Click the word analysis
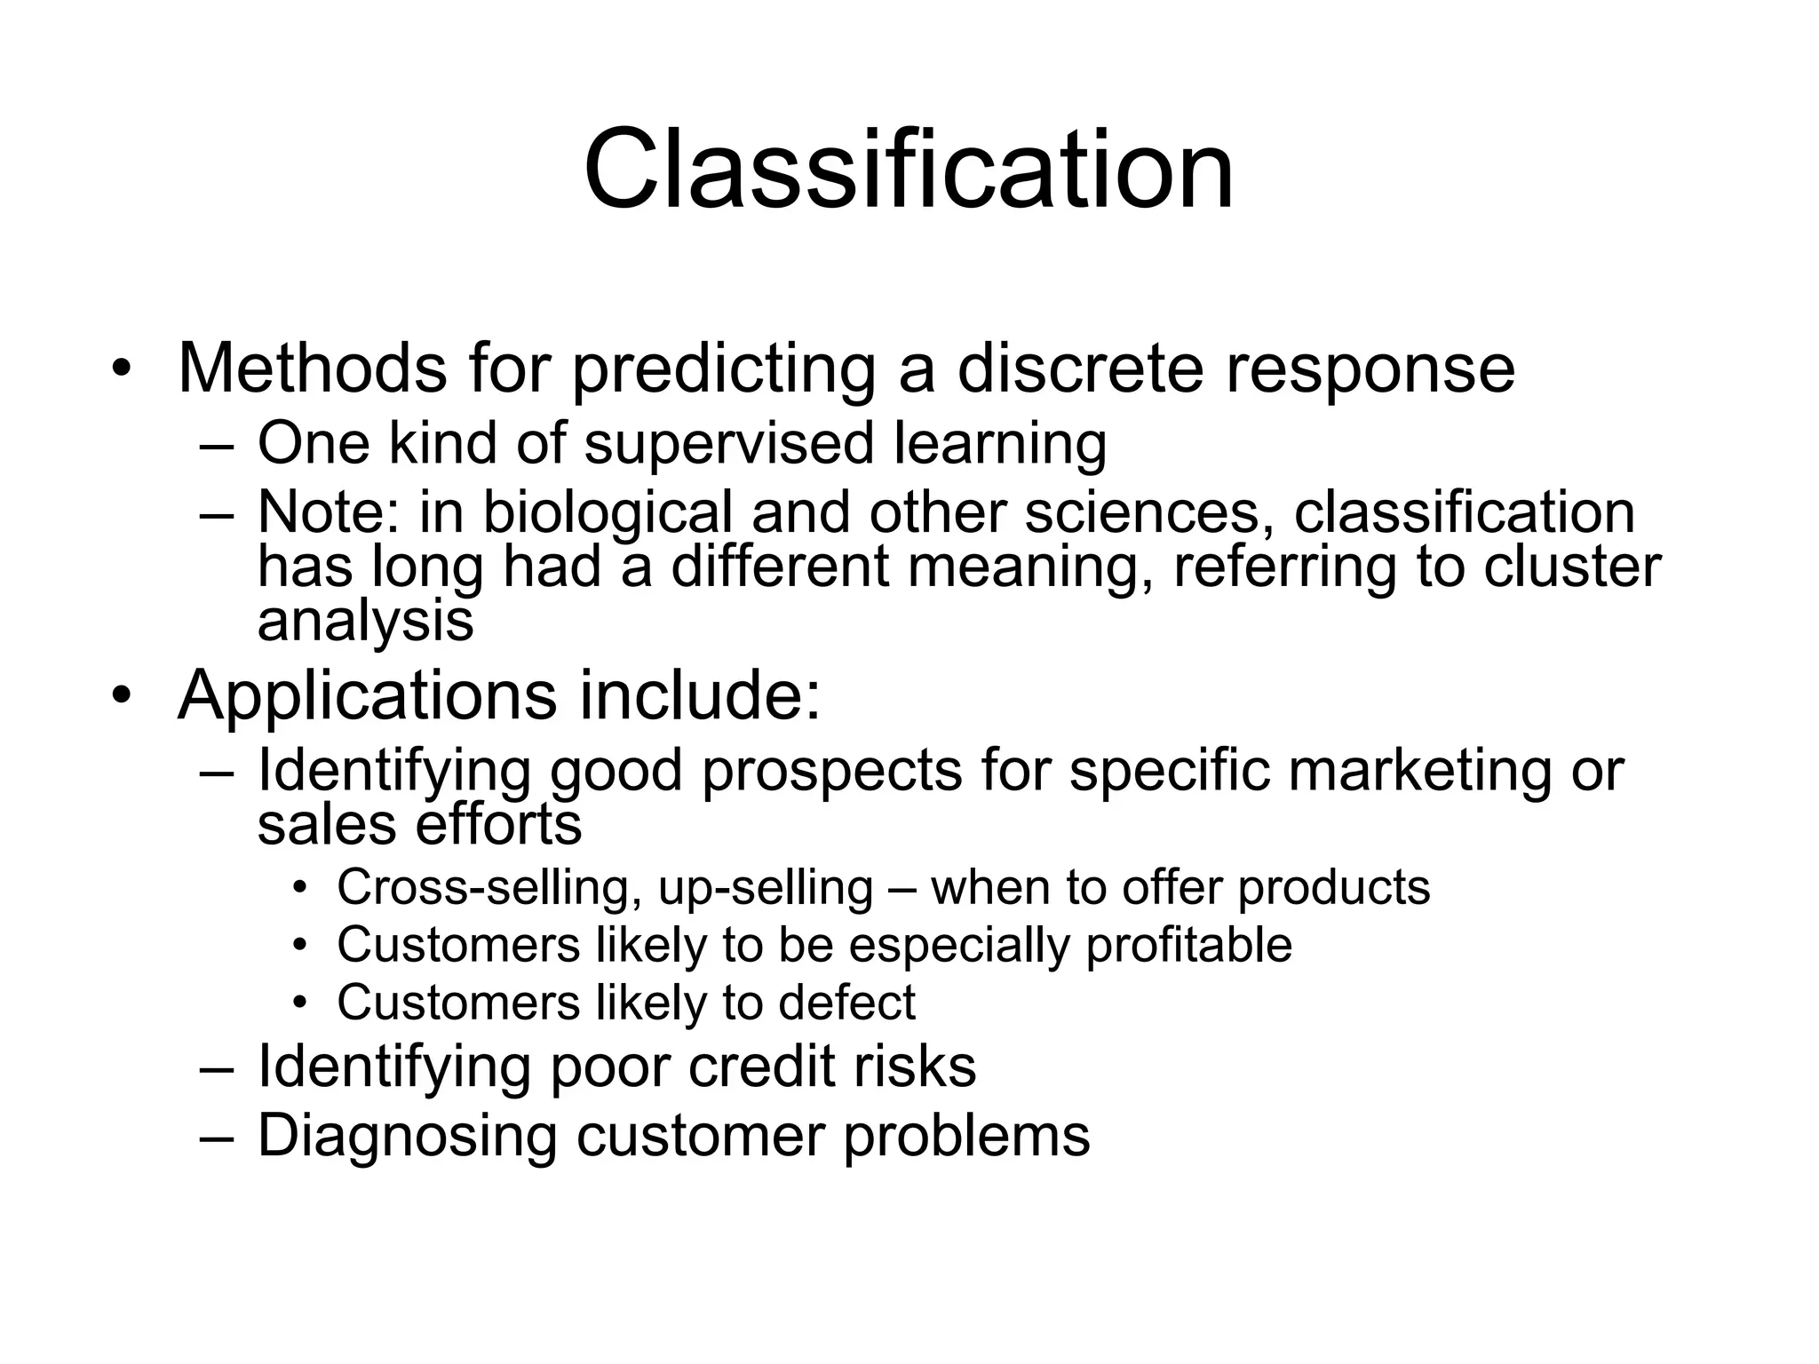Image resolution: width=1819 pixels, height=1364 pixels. click(x=365, y=620)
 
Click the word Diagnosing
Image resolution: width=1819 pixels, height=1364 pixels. click(x=407, y=1135)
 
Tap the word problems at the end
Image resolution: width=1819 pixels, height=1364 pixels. click(x=966, y=1135)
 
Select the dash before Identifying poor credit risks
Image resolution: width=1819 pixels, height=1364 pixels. click(x=217, y=1067)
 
